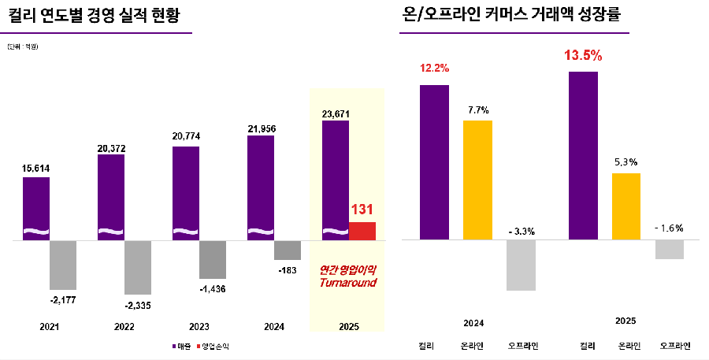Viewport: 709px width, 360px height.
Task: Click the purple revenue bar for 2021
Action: [x=36, y=208]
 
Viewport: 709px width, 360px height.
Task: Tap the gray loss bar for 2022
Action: [x=137, y=267]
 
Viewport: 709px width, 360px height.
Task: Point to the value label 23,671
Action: [x=336, y=113]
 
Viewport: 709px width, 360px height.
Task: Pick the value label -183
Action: [x=287, y=270]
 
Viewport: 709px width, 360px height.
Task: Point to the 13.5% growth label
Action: [x=583, y=56]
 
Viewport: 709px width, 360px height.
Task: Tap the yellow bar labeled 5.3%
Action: [x=625, y=206]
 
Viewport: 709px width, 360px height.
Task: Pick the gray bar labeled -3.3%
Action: [x=521, y=265]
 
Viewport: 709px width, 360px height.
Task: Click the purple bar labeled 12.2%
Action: [x=434, y=161]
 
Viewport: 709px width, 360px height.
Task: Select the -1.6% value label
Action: [x=669, y=228]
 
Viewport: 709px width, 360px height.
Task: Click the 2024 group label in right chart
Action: [x=473, y=323]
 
